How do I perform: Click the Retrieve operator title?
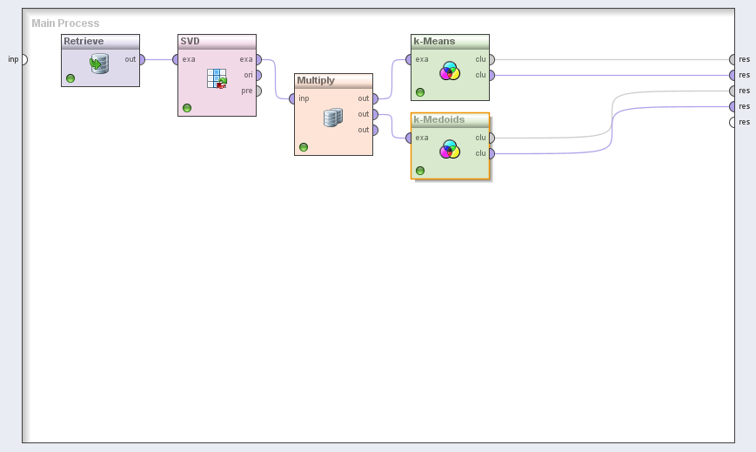pos(84,41)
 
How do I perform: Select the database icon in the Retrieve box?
pos(99,64)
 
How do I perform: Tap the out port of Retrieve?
pos(142,59)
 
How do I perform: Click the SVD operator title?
pos(190,41)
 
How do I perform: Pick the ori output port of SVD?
pos(258,75)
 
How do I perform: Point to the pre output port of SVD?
pos(258,91)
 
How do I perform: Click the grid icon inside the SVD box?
pos(217,78)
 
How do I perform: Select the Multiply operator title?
pos(316,80)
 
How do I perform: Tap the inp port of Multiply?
pos(293,98)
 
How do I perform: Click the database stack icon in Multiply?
pos(333,118)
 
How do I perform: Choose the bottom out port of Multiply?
pos(375,130)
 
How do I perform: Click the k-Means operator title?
pos(434,41)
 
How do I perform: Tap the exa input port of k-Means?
pos(410,59)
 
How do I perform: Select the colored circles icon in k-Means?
pos(450,71)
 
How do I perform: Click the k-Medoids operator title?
pos(439,119)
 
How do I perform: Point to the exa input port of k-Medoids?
pos(410,138)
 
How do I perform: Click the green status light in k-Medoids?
pos(420,171)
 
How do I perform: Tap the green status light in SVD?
pos(187,108)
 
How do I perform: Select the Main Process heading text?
pos(65,24)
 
